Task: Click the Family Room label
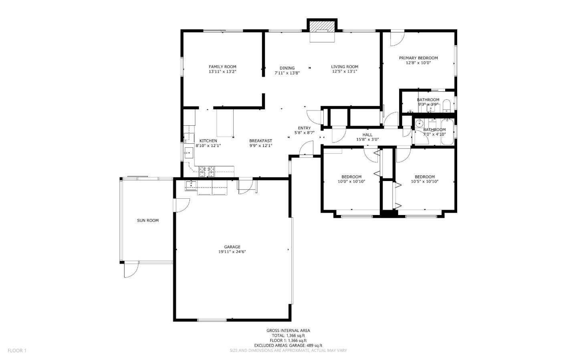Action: tap(222, 67)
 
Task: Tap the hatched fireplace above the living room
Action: tap(322, 26)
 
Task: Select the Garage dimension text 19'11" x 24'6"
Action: tap(232, 252)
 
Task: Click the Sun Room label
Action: tap(148, 220)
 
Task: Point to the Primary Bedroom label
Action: tap(418, 58)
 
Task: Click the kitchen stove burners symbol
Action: tap(207, 172)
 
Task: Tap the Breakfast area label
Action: tap(260, 141)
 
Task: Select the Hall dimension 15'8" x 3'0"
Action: tap(367, 140)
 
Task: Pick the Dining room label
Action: tap(287, 68)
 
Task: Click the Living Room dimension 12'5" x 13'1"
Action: tap(345, 72)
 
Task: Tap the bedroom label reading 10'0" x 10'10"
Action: tap(351, 181)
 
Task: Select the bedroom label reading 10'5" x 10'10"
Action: tap(425, 181)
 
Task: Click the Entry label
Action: tap(304, 128)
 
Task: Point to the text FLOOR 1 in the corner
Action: tap(17, 351)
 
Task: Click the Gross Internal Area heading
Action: tap(288, 330)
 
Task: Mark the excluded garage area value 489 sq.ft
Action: tap(313, 345)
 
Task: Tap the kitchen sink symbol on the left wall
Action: tap(189, 153)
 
